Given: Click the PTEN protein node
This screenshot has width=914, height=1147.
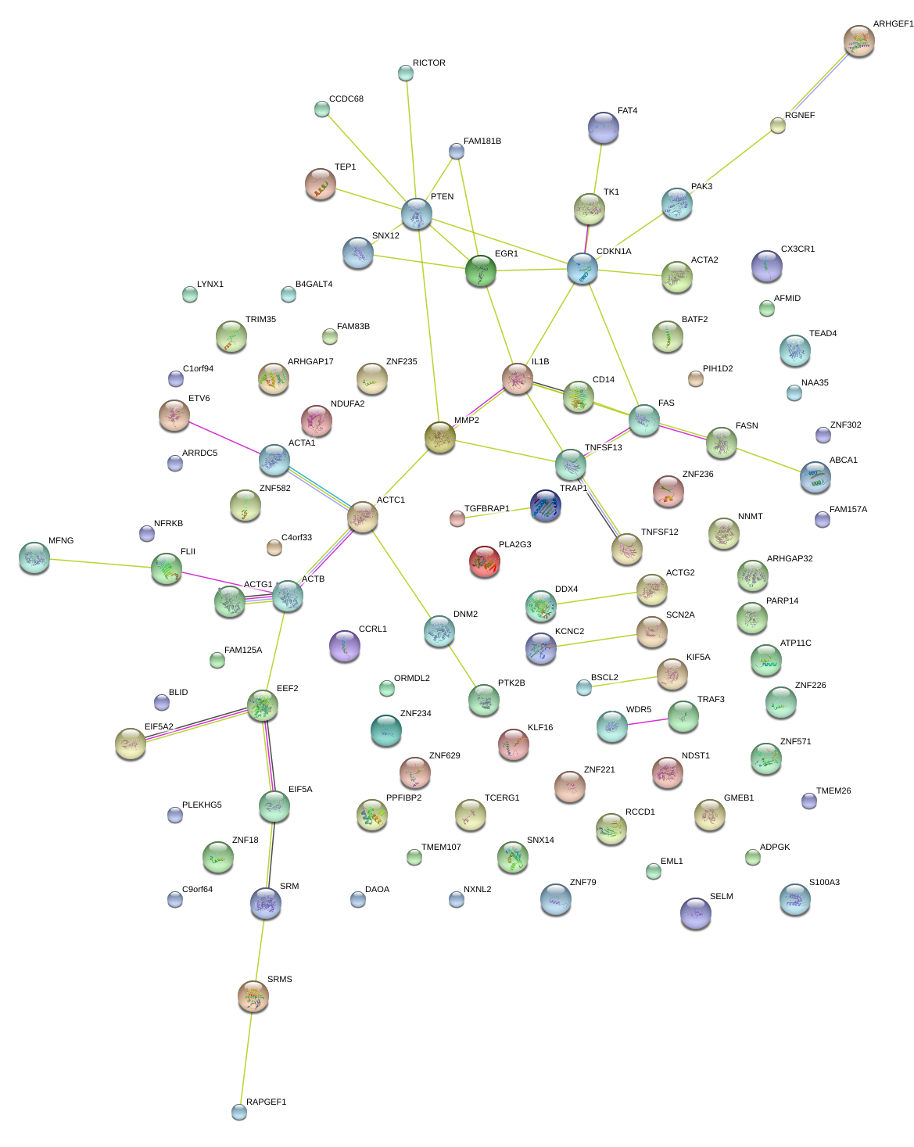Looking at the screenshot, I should click(417, 213).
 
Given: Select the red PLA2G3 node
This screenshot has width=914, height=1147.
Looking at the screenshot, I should click(484, 561).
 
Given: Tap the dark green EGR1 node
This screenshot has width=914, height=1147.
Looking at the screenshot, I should click(481, 271).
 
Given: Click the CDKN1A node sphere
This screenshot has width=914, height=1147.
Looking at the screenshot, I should click(582, 268).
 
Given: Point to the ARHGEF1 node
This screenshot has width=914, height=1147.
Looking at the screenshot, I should click(858, 41).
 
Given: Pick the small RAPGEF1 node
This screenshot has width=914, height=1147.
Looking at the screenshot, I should click(239, 1111).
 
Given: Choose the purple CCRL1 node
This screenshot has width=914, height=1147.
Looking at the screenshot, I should click(345, 646).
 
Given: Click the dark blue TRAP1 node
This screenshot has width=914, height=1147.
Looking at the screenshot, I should click(546, 506).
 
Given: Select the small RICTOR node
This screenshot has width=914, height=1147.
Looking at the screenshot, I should click(405, 73).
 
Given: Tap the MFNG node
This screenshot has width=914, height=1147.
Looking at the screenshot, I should click(34, 557).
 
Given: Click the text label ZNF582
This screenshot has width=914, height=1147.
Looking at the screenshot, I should click(274, 489).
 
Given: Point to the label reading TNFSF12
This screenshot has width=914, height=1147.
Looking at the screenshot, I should click(659, 532).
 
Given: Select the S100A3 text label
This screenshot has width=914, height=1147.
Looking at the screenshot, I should click(824, 883).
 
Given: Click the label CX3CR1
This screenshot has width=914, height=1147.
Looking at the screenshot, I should click(798, 249).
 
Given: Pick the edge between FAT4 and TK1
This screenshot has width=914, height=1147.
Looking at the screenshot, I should click(597, 169).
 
